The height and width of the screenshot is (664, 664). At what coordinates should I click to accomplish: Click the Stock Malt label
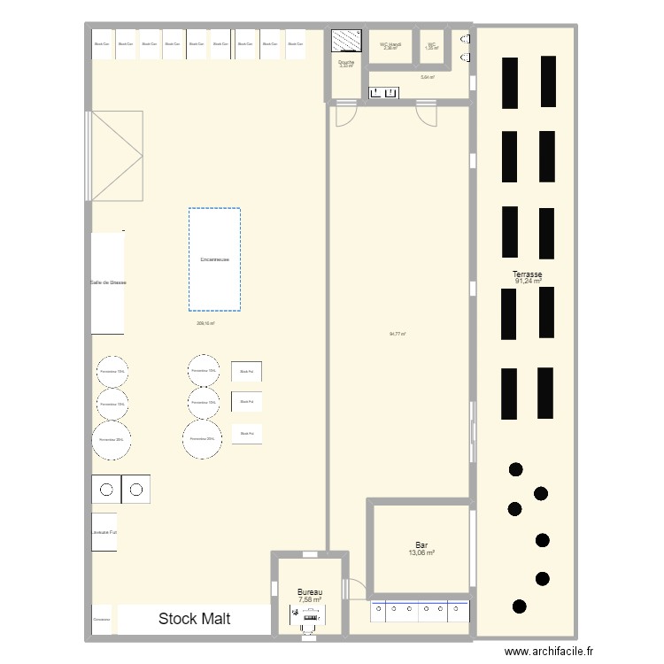(194, 619)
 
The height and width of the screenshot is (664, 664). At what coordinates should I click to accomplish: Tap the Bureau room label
(310, 592)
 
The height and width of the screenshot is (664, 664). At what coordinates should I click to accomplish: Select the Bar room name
(421, 545)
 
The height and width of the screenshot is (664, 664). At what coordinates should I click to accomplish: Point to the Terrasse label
(527, 275)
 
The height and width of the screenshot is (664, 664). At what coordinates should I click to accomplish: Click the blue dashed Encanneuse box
(214, 259)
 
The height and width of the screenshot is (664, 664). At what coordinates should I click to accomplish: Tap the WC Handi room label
(390, 43)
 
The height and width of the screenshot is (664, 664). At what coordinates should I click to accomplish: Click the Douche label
(346, 62)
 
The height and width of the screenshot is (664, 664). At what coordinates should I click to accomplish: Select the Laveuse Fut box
(104, 532)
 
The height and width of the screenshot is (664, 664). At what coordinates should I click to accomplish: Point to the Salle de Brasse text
(108, 282)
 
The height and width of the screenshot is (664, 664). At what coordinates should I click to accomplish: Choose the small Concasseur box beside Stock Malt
(102, 620)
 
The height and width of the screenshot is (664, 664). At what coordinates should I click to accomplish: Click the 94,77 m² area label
(398, 334)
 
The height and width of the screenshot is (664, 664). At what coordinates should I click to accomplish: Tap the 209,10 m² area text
(205, 324)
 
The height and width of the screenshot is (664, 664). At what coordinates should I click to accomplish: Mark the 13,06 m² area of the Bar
(421, 553)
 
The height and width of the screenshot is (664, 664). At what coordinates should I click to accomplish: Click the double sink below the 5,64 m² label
(384, 92)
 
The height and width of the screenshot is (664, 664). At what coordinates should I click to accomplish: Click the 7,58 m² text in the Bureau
(310, 600)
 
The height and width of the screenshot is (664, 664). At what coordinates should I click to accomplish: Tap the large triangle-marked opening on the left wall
(117, 156)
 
